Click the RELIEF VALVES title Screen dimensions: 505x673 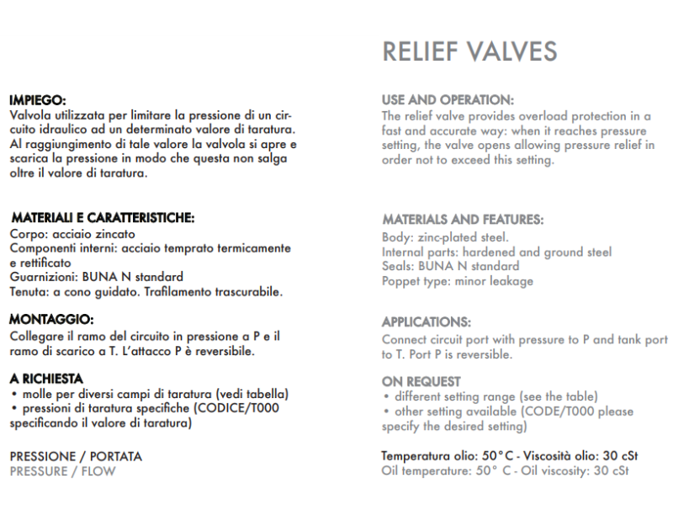pos(469,51)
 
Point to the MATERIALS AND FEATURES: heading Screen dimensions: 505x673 pos(463,221)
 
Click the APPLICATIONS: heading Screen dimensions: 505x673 pos(427,322)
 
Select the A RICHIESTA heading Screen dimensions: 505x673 pos(46,380)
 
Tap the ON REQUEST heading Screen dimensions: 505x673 pos(421,381)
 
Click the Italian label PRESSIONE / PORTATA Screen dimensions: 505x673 pos(76,457)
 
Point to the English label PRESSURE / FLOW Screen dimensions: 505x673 pos(62,470)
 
